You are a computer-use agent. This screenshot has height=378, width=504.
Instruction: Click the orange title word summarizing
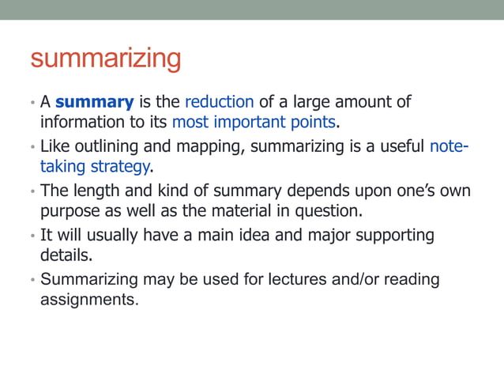pos(105,59)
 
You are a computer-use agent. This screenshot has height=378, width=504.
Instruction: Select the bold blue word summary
pos(94,102)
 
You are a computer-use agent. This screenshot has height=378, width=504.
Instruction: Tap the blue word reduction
pos(219,102)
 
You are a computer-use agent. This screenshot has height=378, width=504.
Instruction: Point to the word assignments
pos(88,301)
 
